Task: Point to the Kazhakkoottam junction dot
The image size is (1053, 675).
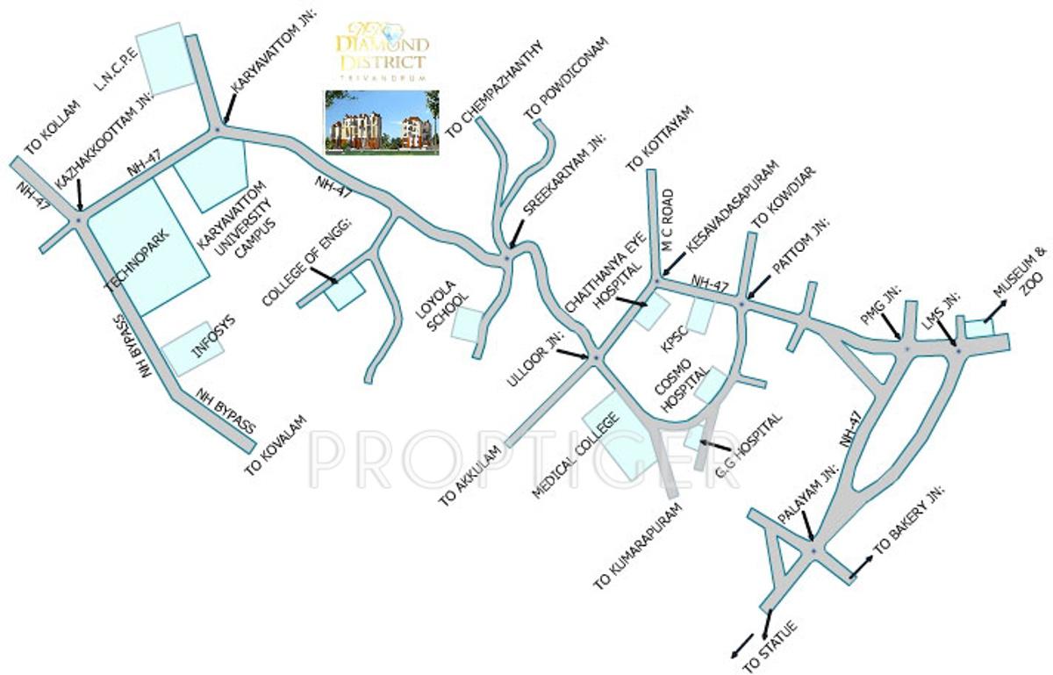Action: (80, 217)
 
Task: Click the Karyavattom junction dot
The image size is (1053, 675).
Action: (216, 131)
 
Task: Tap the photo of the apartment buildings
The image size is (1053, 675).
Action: (382, 123)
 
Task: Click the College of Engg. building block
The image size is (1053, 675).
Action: (345, 290)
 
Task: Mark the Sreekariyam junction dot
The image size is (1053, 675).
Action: (506, 257)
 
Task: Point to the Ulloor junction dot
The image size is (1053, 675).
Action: (594, 357)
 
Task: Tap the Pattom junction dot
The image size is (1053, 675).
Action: (741, 304)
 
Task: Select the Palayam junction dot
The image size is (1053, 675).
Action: (813, 550)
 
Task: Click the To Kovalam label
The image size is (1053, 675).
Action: (276, 444)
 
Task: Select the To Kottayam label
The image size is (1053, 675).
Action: (659, 138)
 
